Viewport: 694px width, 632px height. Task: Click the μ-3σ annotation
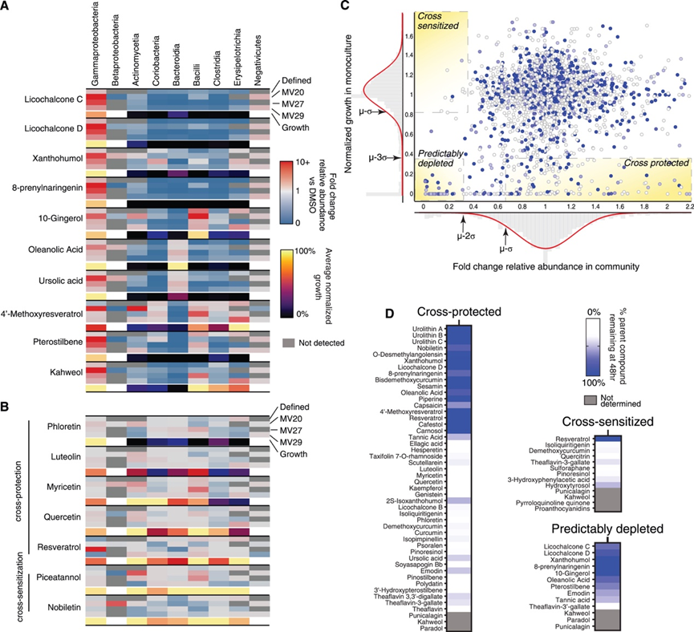click(x=379, y=159)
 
